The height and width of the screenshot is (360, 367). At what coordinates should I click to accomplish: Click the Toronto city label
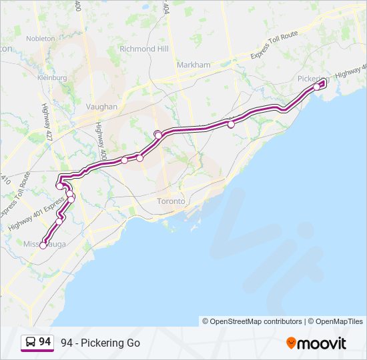170,201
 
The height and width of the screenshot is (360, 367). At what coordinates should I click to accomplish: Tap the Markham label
194,65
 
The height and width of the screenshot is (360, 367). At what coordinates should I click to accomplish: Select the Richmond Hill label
143,49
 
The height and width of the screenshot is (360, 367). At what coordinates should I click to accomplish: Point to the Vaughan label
101,107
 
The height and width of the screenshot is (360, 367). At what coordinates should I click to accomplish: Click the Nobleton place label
40,39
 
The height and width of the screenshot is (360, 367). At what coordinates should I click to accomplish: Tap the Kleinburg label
53,77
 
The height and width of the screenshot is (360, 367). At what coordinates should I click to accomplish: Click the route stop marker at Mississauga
43,245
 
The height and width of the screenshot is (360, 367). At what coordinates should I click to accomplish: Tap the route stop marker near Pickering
317,86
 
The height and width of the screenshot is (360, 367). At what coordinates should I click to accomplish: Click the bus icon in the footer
30,343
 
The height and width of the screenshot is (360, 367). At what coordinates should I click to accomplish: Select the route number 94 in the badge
45,342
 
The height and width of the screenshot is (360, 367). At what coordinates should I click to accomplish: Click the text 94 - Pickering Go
100,343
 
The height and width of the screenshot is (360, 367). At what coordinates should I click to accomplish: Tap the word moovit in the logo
322,343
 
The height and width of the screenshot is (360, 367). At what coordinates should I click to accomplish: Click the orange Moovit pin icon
291,343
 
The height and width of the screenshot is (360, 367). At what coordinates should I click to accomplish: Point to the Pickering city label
311,79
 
